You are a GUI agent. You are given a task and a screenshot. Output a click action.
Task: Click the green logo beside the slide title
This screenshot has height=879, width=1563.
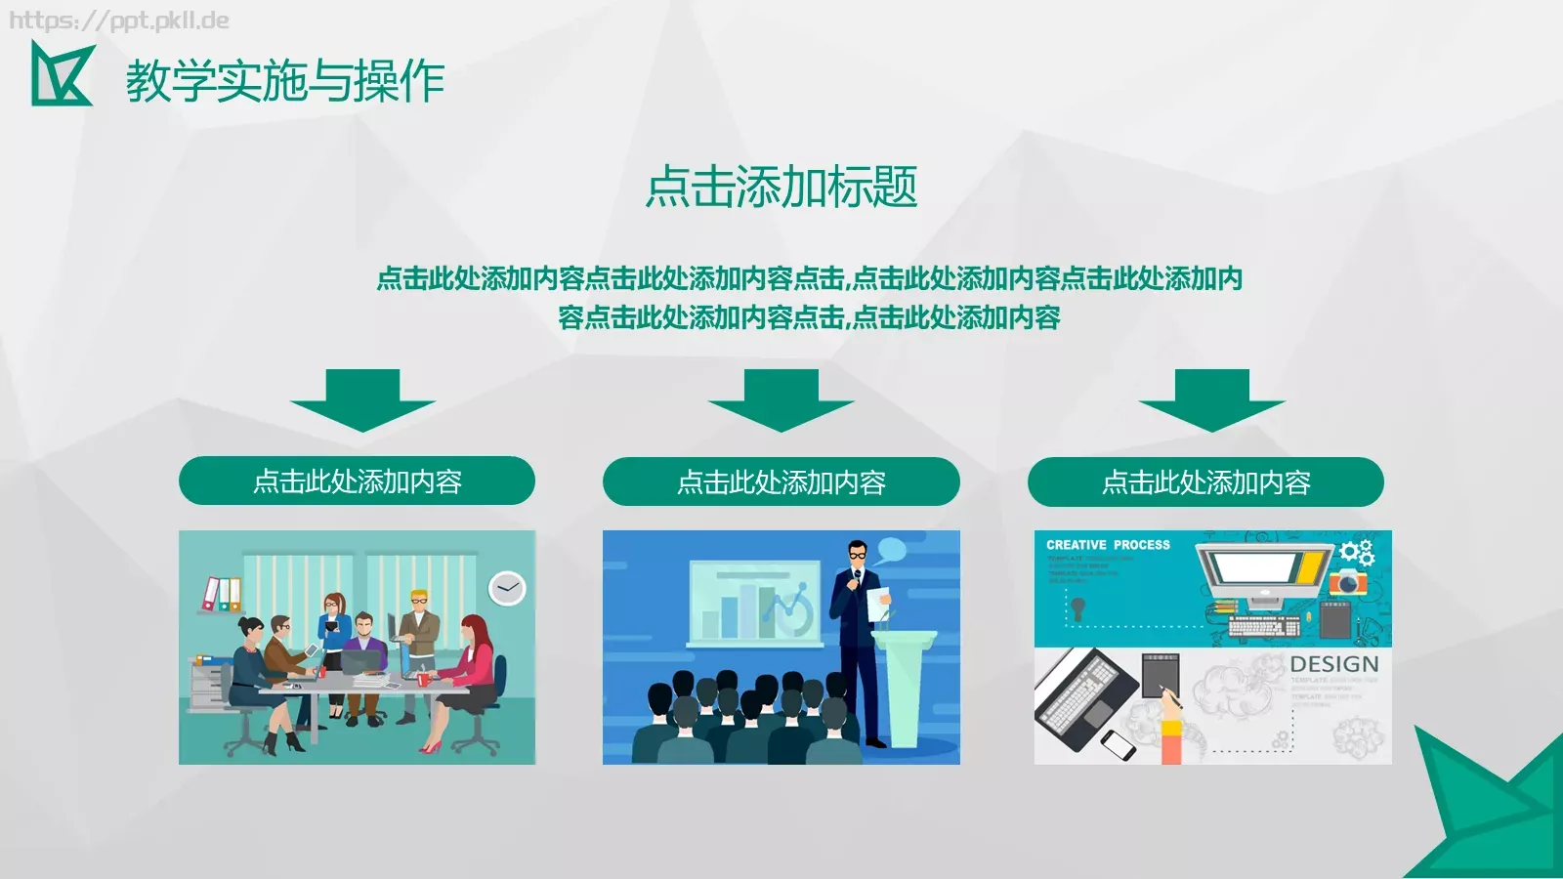[x=61, y=74]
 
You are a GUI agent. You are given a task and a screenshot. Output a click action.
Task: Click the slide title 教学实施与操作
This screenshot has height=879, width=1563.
[x=284, y=80]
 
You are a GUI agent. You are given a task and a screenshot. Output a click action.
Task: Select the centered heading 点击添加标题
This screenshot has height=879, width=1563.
[x=781, y=187]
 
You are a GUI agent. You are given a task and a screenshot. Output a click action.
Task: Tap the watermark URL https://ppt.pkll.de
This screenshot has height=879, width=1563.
[x=119, y=21]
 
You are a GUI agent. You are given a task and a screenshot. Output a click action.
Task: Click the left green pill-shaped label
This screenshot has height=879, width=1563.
[x=357, y=481]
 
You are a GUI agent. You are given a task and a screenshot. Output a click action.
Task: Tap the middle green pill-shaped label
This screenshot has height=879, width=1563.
[x=781, y=482]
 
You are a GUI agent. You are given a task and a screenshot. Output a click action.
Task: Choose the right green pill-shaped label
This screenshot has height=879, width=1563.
[x=1205, y=482]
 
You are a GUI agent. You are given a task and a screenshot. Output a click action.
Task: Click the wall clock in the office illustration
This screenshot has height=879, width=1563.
[x=507, y=588]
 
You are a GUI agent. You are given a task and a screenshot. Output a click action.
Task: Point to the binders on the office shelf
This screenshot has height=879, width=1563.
[x=222, y=594]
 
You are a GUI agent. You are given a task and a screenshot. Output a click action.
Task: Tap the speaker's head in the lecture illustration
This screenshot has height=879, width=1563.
[x=857, y=554]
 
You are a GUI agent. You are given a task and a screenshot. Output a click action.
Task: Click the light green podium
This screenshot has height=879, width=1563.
[x=904, y=684]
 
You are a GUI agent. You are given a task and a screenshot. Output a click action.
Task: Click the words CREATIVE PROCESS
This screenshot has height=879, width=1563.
[x=1108, y=545]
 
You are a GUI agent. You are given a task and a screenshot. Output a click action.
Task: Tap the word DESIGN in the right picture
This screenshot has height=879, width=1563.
[x=1333, y=665]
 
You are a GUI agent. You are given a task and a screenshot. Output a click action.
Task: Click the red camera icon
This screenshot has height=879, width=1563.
[x=1348, y=583]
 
